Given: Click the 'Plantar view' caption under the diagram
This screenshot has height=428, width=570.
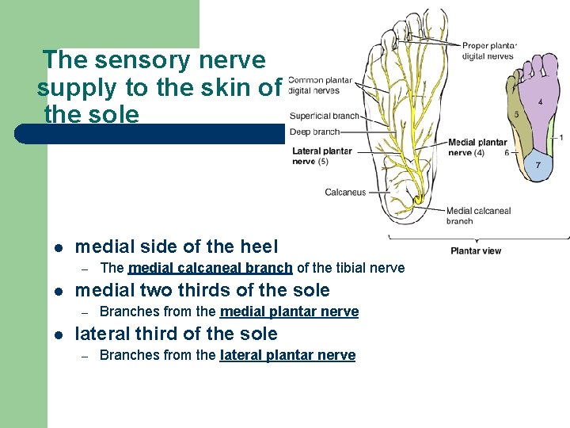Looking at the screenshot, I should (x=475, y=251).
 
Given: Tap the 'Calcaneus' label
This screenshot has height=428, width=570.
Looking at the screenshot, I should (x=345, y=192).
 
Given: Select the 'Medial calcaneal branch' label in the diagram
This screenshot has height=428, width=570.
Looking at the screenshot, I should (x=478, y=216).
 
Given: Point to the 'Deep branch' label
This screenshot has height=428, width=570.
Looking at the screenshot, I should (x=315, y=132).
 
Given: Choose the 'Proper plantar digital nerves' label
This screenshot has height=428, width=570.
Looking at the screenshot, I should (x=488, y=51).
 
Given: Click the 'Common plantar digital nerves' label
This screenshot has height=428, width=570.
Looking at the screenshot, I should (x=320, y=85).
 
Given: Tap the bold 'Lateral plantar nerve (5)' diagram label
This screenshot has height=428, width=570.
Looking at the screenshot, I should (x=321, y=156).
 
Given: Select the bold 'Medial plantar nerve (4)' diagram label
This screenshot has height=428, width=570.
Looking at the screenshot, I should (x=477, y=147).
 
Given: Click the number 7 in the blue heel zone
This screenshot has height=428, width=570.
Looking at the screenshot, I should (x=538, y=165).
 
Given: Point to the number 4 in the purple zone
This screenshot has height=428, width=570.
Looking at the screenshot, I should (x=540, y=102).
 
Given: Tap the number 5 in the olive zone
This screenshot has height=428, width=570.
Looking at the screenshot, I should (x=517, y=115).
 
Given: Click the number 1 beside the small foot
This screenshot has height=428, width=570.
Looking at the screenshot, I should (x=561, y=137).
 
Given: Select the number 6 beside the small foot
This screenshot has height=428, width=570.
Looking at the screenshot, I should (x=507, y=153).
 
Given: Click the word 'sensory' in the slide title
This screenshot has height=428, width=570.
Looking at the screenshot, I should (x=132, y=59).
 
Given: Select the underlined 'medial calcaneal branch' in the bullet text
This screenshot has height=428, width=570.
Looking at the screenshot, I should (x=210, y=268).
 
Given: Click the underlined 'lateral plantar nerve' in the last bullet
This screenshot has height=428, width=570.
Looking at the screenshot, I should (x=287, y=355).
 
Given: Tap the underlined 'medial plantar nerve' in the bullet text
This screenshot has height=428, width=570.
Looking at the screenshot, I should (x=289, y=311).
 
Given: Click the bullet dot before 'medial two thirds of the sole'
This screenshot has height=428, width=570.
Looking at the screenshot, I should (x=58, y=291).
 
